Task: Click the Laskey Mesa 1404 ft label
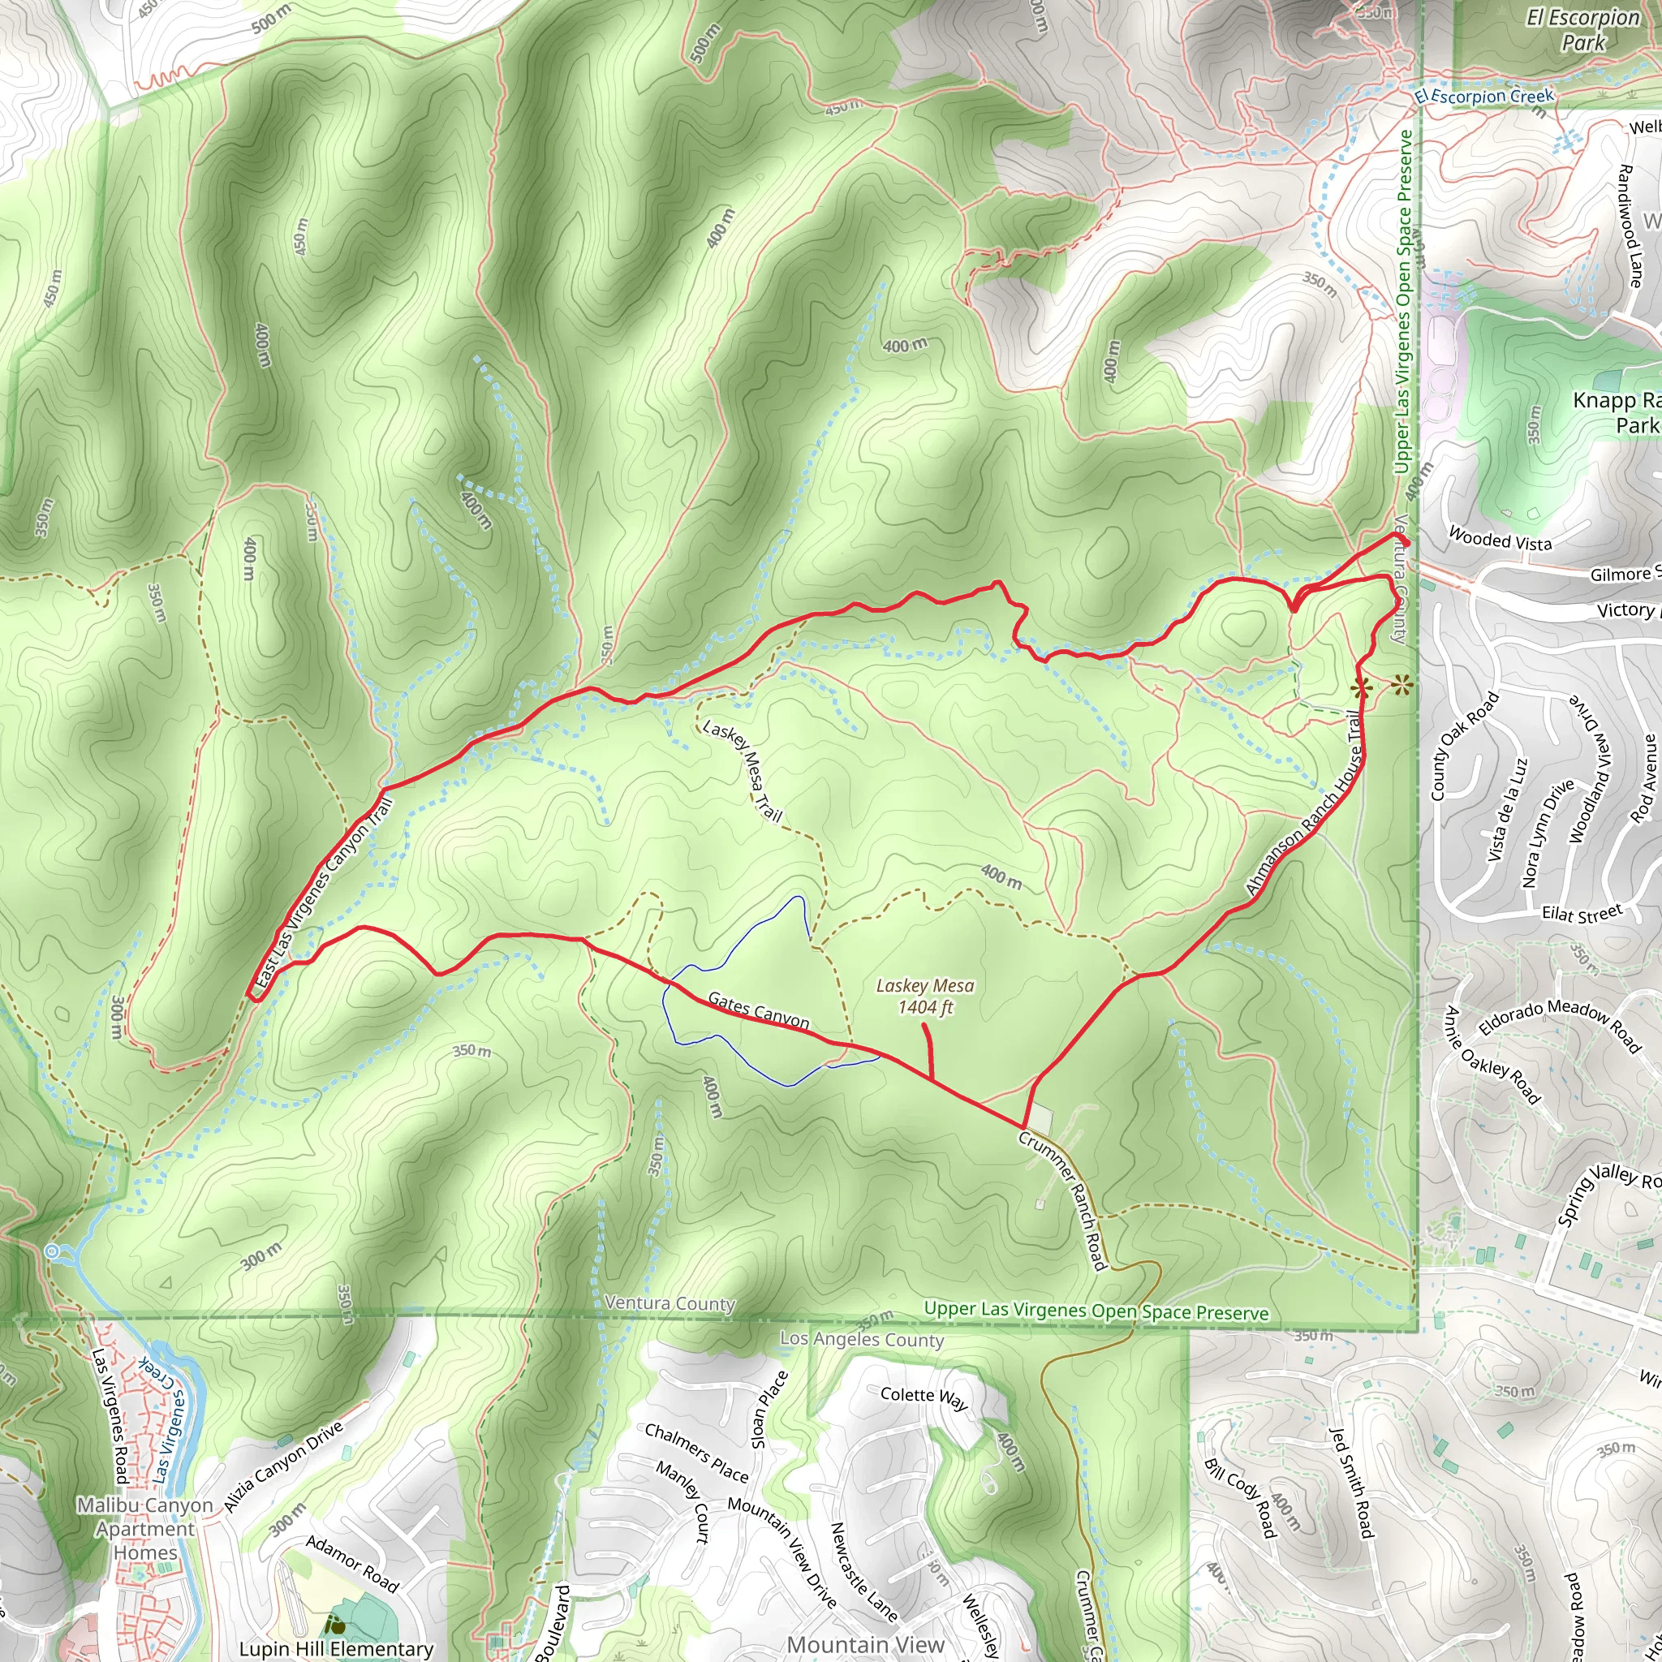(x=925, y=997)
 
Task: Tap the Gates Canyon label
(x=758, y=1010)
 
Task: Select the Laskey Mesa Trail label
(x=742, y=770)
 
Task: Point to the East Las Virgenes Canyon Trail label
(x=325, y=893)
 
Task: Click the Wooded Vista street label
(x=1501, y=540)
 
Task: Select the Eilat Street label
(x=1582, y=914)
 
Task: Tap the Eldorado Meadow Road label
(x=1560, y=1023)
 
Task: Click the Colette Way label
(x=924, y=1397)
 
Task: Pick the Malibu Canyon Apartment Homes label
(x=145, y=1529)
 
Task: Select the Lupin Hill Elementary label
(x=336, y=1648)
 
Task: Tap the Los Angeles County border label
(x=862, y=1339)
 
